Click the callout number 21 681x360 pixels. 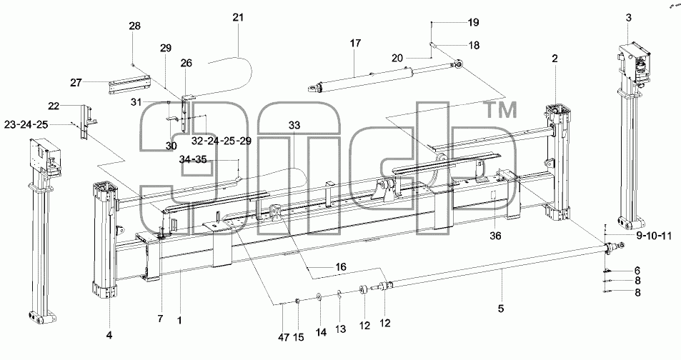(238, 17)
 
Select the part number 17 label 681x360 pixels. (355, 43)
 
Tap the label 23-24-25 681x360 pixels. (26, 124)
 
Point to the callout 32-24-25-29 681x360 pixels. (221, 141)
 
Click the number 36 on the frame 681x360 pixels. (495, 236)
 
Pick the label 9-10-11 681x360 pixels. (654, 236)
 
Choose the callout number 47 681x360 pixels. (283, 337)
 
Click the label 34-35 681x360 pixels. (193, 159)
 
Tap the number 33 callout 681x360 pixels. (294, 126)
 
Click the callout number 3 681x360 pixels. (628, 18)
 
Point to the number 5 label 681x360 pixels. (501, 309)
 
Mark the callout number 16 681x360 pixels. (341, 266)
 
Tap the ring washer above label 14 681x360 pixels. (319, 296)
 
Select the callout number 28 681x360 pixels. (134, 26)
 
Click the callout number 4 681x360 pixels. (109, 335)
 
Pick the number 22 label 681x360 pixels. (54, 106)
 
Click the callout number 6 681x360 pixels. (637, 270)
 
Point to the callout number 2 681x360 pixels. (555, 58)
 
